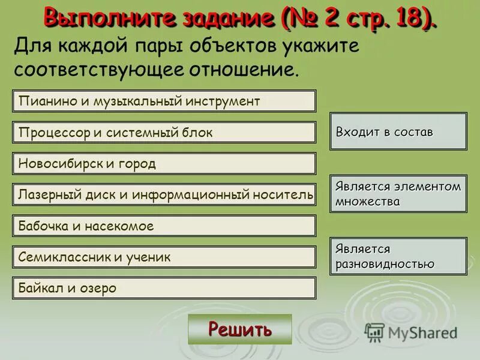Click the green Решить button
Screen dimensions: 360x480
[x=239, y=329]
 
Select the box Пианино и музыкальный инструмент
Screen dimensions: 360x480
[x=164, y=101]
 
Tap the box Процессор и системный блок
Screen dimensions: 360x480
[x=164, y=132]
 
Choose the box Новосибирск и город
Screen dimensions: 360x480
[x=164, y=163]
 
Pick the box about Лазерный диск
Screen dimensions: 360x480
[x=164, y=194]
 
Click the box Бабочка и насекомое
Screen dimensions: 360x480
[x=164, y=226]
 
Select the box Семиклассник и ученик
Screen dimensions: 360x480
[x=164, y=257]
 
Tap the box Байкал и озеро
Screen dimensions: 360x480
[x=164, y=288]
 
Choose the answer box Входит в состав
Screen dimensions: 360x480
[x=398, y=131]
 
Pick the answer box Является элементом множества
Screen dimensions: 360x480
[x=398, y=193]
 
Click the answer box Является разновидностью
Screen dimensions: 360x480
[x=398, y=256]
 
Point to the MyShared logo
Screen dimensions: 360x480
[x=411, y=332]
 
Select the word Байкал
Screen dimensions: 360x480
[x=40, y=288]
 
